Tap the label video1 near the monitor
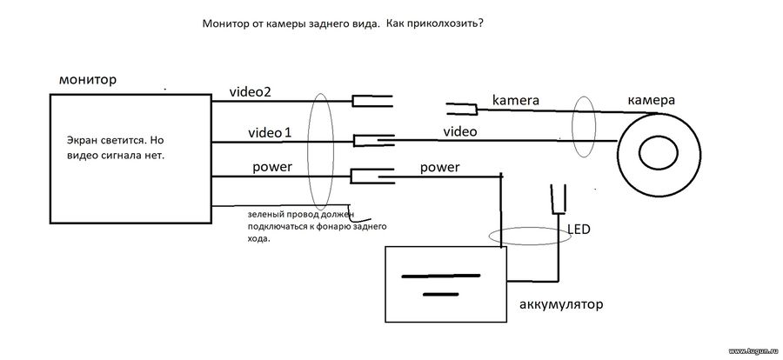click(x=271, y=133)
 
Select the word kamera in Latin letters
click(x=516, y=100)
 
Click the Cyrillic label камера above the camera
click(x=651, y=100)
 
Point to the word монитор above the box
click(x=88, y=80)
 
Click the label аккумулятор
click(x=561, y=304)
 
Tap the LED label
click(x=579, y=230)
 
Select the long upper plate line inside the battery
click(x=441, y=276)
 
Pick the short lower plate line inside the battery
click(x=440, y=295)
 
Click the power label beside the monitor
click(x=272, y=167)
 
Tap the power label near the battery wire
click(x=439, y=167)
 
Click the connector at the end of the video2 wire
click(x=372, y=102)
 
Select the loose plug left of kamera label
click(x=462, y=107)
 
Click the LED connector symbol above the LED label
click(x=558, y=199)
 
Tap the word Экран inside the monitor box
click(x=81, y=139)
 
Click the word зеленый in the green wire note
click(x=265, y=215)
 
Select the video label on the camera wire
click(x=460, y=132)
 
